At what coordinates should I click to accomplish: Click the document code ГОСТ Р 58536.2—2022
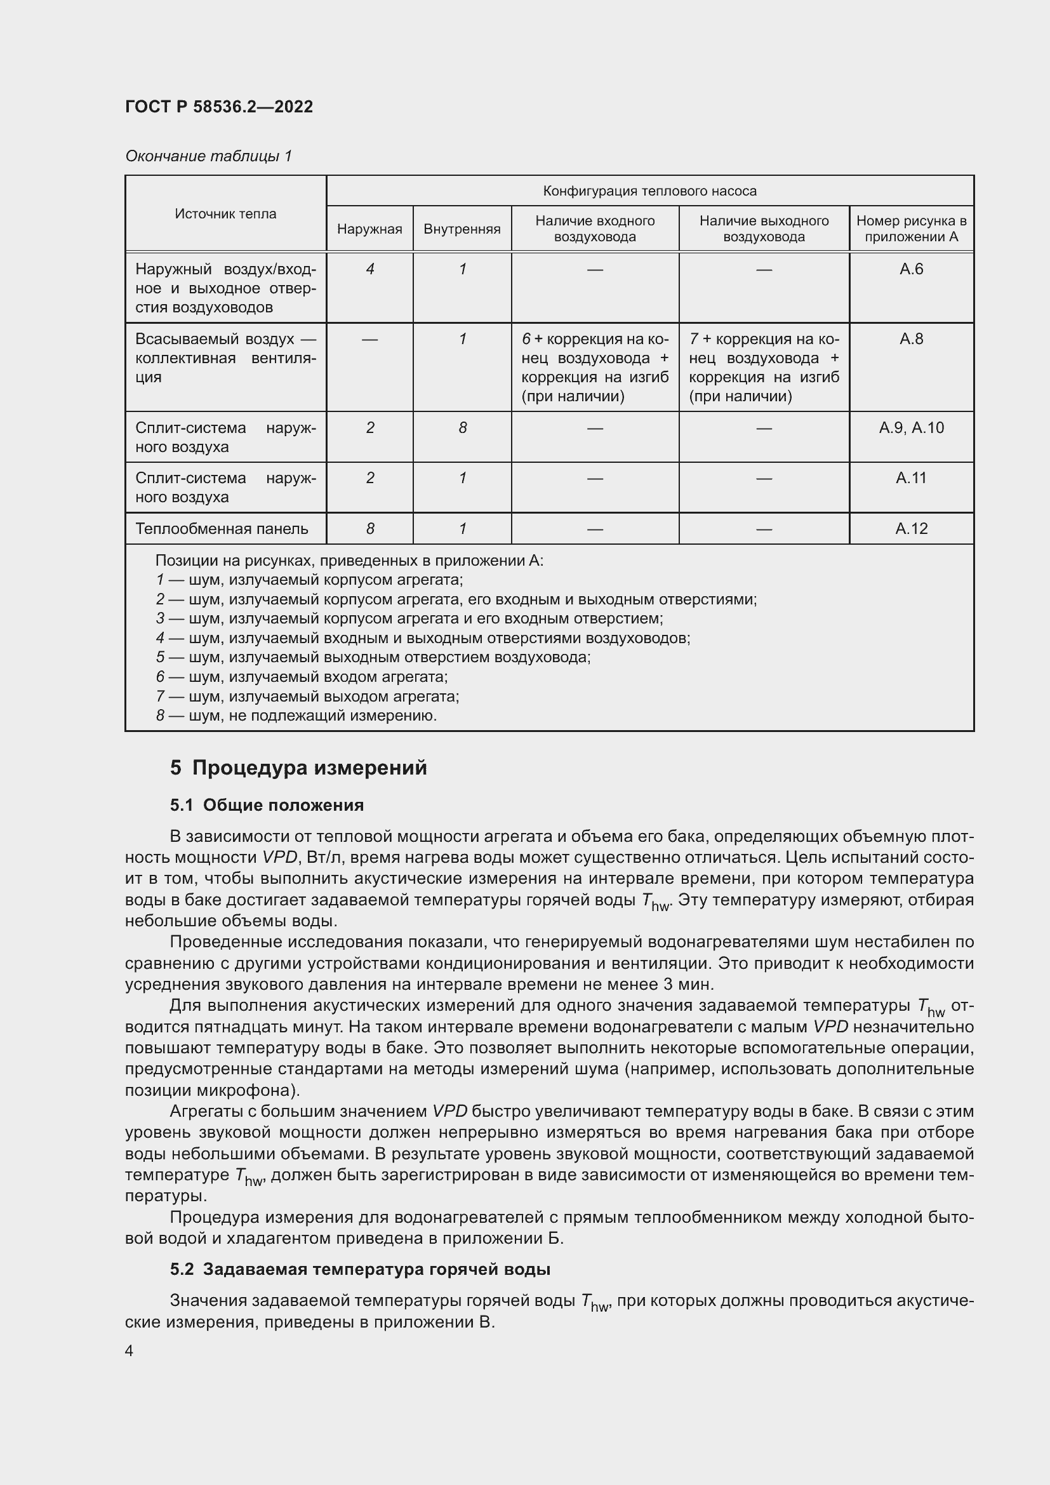click(218, 107)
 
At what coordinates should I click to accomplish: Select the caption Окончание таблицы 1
click(208, 156)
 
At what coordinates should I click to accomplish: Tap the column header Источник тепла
click(225, 214)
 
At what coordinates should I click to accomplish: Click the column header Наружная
click(369, 229)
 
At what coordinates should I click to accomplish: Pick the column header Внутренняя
click(462, 229)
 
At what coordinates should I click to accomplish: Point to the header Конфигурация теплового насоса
click(649, 191)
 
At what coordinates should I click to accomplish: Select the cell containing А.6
click(911, 269)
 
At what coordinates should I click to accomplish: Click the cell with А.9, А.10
click(911, 427)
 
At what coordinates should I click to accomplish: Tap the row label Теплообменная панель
click(222, 528)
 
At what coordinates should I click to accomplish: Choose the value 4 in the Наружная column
click(370, 269)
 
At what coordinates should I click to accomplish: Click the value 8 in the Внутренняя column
click(462, 427)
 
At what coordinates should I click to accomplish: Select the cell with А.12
click(911, 528)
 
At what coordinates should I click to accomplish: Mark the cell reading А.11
click(911, 478)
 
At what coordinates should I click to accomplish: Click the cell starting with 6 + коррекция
click(595, 367)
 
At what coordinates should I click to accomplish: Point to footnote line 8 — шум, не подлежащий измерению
click(296, 716)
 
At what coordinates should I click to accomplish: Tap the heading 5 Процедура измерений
click(298, 768)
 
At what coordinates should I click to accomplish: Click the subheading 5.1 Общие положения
click(267, 805)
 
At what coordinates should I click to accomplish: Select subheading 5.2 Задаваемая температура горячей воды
click(360, 1270)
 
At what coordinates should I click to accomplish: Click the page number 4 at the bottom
click(130, 1351)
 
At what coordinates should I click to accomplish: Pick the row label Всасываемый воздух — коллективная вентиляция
click(225, 357)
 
